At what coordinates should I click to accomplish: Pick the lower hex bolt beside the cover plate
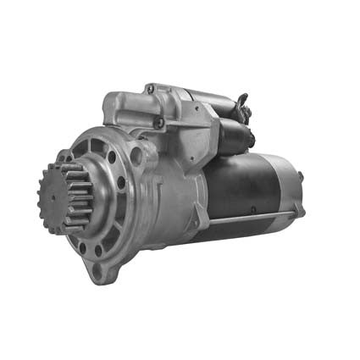(158, 123)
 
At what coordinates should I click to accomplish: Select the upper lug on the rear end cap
(300, 177)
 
